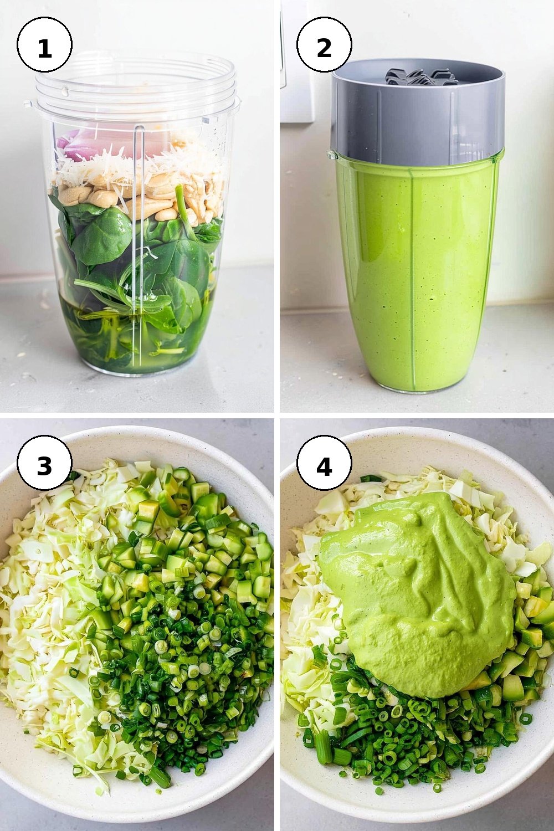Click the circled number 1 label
tap(44, 44)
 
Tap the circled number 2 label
tap(324, 44)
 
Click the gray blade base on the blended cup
tap(418, 115)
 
